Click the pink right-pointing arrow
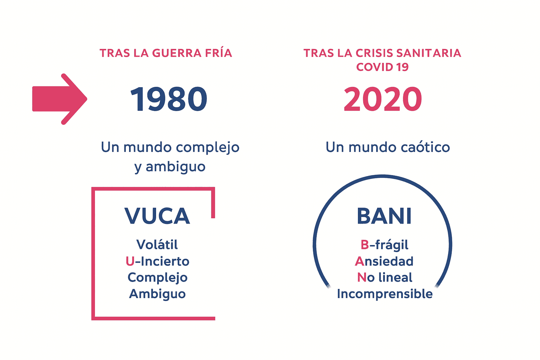coord(59,99)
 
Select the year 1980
coord(168,99)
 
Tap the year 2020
coord(383,99)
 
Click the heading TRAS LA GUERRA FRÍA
coord(166,53)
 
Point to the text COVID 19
coord(382,67)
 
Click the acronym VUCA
coord(157,216)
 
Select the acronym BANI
coord(384,216)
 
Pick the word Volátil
coord(157,244)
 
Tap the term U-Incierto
coord(157,261)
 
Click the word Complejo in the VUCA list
coord(157,278)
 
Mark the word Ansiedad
coord(384,261)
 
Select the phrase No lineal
coord(385,277)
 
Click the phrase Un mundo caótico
coord(388,147)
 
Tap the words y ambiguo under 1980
coord(170,167)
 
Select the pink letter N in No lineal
coord(362,277)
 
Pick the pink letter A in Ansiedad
coord(360,261)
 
